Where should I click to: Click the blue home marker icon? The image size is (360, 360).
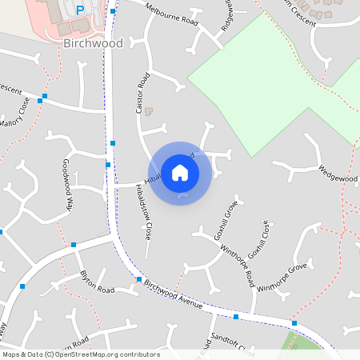point(180,172)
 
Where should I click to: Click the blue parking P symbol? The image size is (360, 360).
point(79,10)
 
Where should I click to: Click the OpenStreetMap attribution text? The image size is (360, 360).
point(81,354)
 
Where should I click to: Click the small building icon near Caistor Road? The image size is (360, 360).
point(147,111)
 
